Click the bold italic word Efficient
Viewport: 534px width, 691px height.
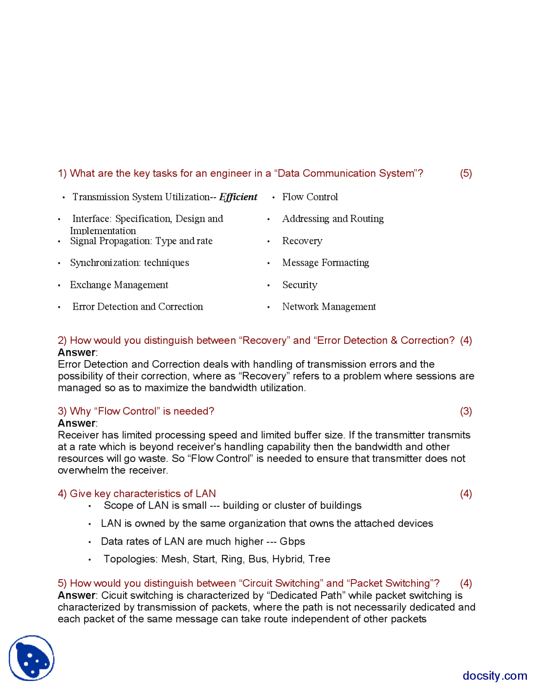238,197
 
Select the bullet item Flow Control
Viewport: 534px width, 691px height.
310,197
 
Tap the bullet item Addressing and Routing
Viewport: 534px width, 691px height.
333,219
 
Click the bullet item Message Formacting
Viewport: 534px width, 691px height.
325,262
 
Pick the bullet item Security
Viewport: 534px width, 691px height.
300,285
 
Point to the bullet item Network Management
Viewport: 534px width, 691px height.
329,307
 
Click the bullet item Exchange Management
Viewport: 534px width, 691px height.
119,285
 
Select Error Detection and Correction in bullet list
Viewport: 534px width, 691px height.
138,307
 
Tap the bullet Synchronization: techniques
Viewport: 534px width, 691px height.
129,262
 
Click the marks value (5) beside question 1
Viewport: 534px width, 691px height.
466,173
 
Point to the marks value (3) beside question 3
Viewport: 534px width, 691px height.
466,411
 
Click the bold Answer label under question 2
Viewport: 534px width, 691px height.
76,352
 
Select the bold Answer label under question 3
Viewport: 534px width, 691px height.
76,423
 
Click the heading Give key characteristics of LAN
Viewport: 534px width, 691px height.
137,494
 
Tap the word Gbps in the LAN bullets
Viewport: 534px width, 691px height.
292,542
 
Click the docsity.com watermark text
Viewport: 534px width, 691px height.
495,676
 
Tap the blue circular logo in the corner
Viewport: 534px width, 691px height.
32,658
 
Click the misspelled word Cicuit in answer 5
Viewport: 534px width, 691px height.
113,595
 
